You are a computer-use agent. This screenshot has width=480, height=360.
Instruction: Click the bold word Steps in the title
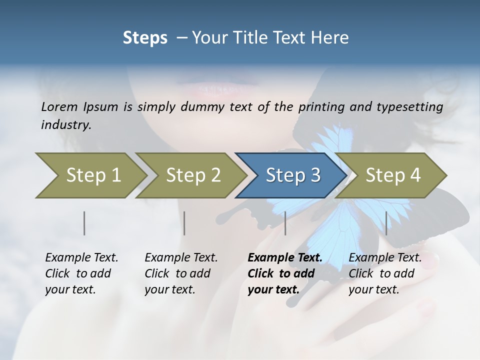[x=145, y=37]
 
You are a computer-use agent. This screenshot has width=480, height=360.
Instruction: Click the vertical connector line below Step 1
[x=84, y=223]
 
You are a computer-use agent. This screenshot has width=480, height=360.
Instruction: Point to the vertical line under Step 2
[x=184, y=223]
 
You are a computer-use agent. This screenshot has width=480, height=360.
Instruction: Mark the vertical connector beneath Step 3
[x=285, y=223]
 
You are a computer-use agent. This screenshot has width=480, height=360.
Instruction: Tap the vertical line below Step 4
[x=386, y=223]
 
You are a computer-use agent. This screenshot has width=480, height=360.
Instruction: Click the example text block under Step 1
[x=81, y=273]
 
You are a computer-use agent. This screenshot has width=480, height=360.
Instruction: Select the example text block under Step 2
[x=181, y=273]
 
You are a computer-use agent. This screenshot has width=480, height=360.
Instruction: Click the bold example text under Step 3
[x=284, y=273]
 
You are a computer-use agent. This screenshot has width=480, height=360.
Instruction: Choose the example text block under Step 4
[x=385, y=273]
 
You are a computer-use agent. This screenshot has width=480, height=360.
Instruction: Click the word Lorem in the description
[x=59, y=107]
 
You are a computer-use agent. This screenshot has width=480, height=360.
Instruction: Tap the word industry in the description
[x=65, y=125]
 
